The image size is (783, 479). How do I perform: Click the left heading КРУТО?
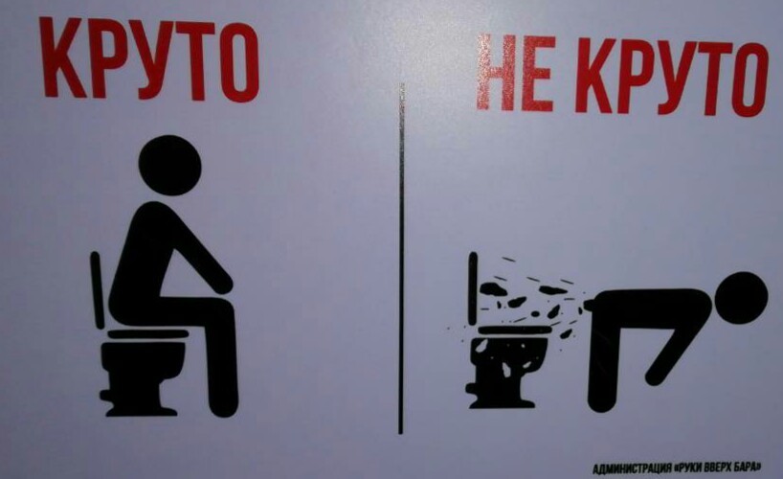(148, 59)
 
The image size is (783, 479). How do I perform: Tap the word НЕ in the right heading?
(516, 73)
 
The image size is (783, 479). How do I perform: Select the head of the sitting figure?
(169, 165)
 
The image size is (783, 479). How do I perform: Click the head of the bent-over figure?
(741, 299)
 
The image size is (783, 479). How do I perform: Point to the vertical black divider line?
(400, 258)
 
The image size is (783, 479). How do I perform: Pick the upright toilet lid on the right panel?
(473, 288)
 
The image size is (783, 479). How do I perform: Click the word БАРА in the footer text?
(747, 468)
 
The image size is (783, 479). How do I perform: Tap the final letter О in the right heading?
(749, 80)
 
